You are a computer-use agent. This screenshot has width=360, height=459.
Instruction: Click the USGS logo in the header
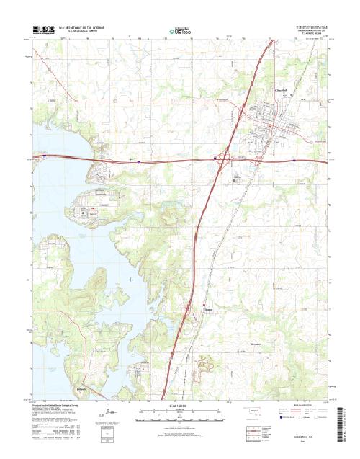click(44, 30)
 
